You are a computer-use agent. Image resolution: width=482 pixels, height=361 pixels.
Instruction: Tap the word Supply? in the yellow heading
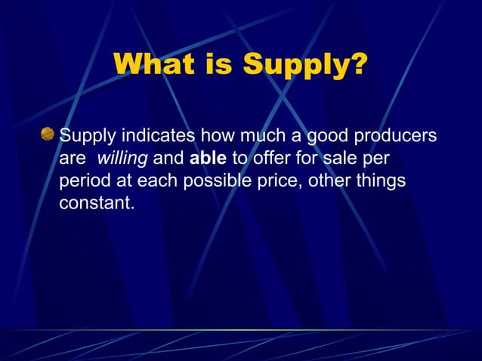pos(306,66)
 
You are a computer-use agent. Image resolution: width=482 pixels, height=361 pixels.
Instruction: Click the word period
pos(83,182)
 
